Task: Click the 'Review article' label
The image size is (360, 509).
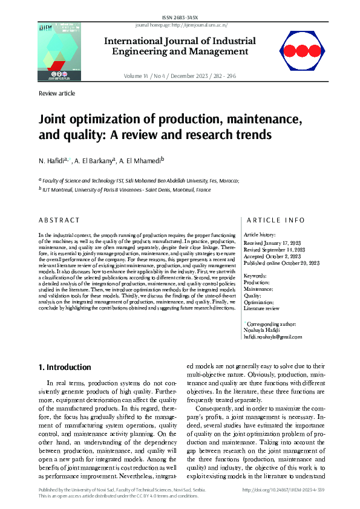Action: pos(57,94)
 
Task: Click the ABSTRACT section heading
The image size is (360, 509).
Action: pos(59,221)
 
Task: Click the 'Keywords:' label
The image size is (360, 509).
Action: pos(255,275)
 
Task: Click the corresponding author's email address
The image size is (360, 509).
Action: pos(272,336)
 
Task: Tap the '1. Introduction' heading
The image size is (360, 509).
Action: pos(65,367)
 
